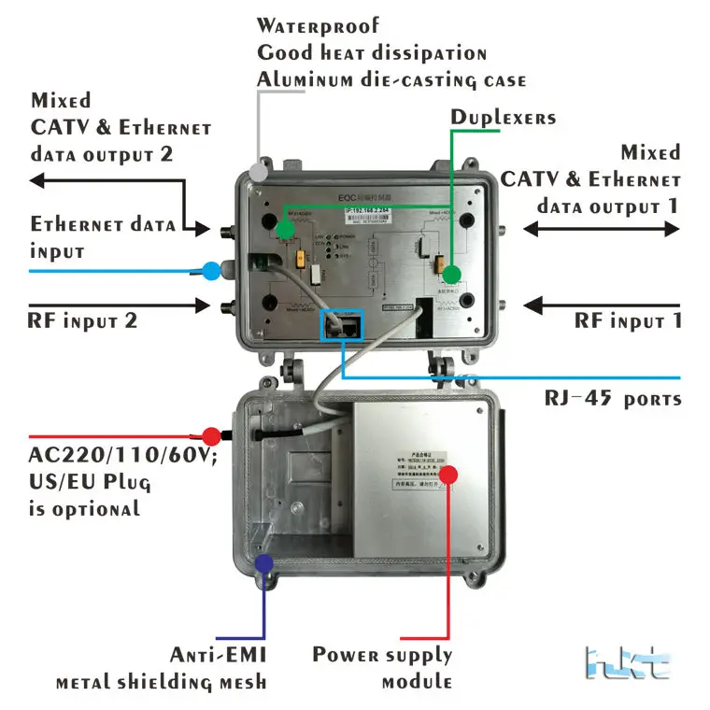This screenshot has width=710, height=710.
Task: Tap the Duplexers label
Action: [x=504, y=117]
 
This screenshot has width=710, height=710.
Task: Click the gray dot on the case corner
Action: [x=258, y=172]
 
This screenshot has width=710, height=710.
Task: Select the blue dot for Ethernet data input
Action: [x=212, y=271]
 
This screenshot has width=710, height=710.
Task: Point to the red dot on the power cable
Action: [x=212, y=435]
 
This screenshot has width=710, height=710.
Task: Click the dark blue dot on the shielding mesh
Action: [x=264, y=563]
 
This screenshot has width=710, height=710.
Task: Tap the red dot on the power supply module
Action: [x=449, y=475]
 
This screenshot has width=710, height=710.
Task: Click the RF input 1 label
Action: [x=628, y=321]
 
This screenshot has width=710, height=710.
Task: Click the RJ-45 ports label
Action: [x=613, y=399]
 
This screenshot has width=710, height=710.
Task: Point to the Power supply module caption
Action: [x=382, y=667]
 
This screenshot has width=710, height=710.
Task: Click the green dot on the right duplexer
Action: [x=452, y=274]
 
